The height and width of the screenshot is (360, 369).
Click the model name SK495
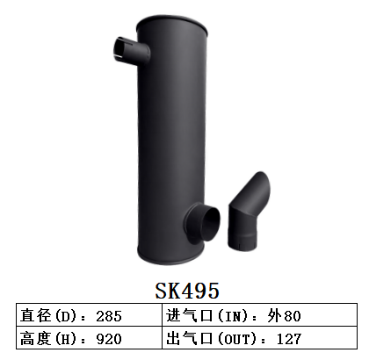184,290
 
